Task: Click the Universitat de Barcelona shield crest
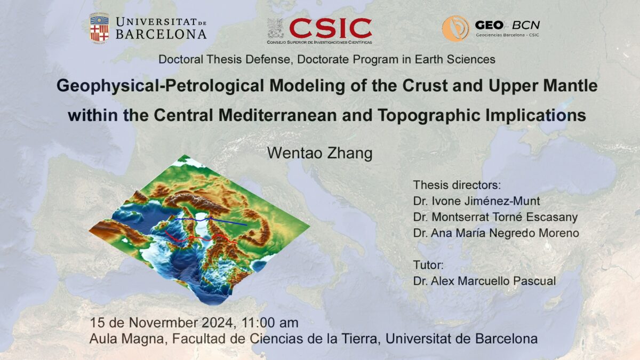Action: coord(99,28)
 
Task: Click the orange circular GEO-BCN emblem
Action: coord(455,28)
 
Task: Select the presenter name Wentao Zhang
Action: coord(319,153)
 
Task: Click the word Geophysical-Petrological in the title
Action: coord(160,86)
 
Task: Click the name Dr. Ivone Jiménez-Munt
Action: coord(476,201)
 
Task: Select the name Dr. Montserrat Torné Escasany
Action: coord(495,217)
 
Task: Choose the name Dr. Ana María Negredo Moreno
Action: coord(496,233)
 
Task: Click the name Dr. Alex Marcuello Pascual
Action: coord(484,281)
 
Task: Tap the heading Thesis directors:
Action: coord(457,185)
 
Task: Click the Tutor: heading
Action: coord(428,265)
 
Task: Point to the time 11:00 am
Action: coord(270,323)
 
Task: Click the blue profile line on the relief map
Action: coord(211,219)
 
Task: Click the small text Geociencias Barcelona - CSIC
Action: coord(507,35)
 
